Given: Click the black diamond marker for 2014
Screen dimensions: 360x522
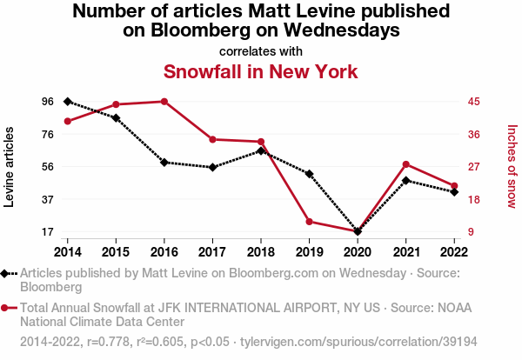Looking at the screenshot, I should [68, 102].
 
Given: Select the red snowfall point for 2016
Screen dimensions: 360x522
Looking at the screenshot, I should [164, 102].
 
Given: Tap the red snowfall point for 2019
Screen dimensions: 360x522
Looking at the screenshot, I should [309, 222].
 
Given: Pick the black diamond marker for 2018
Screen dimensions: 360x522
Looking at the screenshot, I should [261, 151].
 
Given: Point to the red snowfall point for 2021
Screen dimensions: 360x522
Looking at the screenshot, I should [405, 164].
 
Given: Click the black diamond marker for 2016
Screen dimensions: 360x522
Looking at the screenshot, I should [164, 163].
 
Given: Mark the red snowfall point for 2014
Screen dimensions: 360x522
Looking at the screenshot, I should [68, 121].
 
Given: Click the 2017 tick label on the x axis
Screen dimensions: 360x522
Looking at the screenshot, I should [212, 252].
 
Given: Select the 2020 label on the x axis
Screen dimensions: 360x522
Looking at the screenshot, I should [357, 252].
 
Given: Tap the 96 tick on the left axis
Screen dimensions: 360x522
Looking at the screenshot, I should [47, 102].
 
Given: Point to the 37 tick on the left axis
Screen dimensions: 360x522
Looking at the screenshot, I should [47, 199].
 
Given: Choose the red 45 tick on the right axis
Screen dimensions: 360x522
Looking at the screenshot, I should [473, 102].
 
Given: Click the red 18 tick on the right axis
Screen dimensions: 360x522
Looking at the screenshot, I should [473, 199].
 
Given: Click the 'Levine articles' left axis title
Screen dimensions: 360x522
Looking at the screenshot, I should [10, 167].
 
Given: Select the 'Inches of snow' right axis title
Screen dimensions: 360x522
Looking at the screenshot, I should [512, 167].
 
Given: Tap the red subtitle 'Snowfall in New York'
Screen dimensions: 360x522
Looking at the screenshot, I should [260, 70].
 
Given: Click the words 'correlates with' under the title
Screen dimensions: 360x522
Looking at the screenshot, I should [260, 50].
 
